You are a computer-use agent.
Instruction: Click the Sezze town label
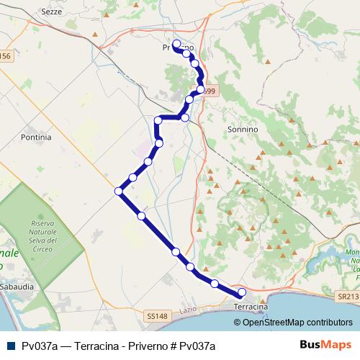[51, 13]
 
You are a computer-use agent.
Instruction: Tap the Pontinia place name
[37, 136]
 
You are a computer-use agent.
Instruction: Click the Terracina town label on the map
[251, 307]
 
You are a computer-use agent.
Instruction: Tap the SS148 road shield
[156, 315]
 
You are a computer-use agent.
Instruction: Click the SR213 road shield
[348, 296]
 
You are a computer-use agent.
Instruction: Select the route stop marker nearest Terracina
[242, 292]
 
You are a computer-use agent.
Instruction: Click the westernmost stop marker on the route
[119, 191]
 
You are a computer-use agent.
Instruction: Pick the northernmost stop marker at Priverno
[176, 44]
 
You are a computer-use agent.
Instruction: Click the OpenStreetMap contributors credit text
[297, 322]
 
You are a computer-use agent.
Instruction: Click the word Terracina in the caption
[91, 346]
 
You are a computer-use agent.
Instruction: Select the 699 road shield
[209, 91]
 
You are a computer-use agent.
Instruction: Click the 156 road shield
[6, 55]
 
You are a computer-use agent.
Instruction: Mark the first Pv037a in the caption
[40, 346]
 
